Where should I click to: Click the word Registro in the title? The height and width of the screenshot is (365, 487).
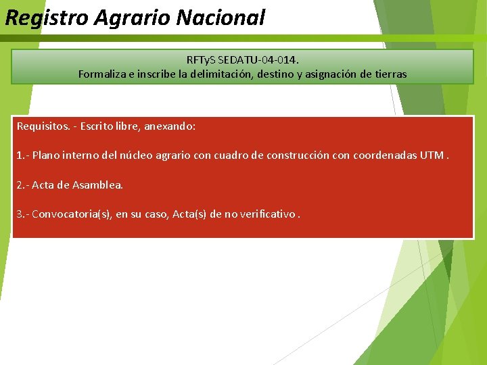tap(47, 18)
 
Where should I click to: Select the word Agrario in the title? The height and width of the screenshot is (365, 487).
tap(133, 18)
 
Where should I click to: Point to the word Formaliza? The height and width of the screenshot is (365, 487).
tap(102, 74)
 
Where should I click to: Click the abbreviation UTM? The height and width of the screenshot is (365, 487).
tap(432, 155)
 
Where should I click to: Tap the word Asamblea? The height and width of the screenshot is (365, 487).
tap(98, 185)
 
